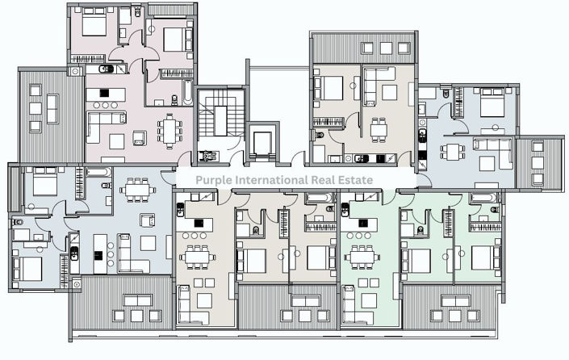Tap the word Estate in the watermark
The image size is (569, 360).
click(355, 179)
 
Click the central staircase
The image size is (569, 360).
click(215, 117)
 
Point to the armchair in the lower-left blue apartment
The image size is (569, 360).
click(149, 220)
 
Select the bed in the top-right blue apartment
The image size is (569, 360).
click(488, 106)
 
